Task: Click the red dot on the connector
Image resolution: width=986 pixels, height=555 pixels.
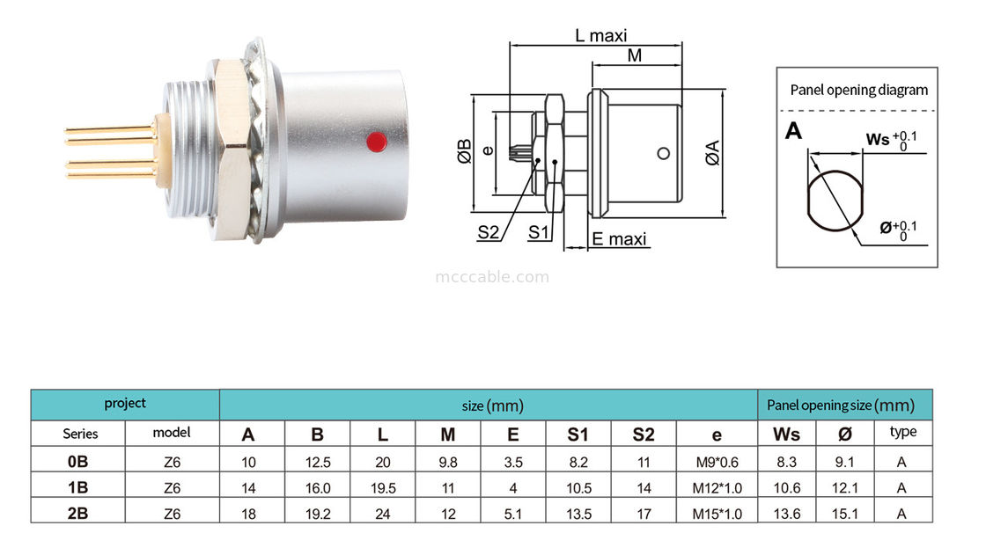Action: click(x=377, y=141)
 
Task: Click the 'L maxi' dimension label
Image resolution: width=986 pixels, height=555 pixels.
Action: click(x=600, y=36)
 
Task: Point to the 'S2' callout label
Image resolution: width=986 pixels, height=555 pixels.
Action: click(x=489, y=233)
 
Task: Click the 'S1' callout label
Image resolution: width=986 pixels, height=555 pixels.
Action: click(x=540, y=233)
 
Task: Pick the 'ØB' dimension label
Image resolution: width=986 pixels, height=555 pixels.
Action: click(x=465, y=151)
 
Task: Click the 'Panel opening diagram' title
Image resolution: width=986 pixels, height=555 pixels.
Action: click(x=858, y=90)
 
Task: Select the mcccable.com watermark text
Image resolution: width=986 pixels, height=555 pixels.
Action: click(x=492, y=277)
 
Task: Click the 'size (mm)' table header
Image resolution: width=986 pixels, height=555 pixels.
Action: click(x=492, y=405)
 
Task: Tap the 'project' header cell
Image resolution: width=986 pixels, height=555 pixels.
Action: click(x=125, y=404)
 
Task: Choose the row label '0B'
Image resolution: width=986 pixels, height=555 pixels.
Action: click(x=80, y=461)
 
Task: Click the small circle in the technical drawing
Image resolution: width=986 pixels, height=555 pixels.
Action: click(x=664, y=155)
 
